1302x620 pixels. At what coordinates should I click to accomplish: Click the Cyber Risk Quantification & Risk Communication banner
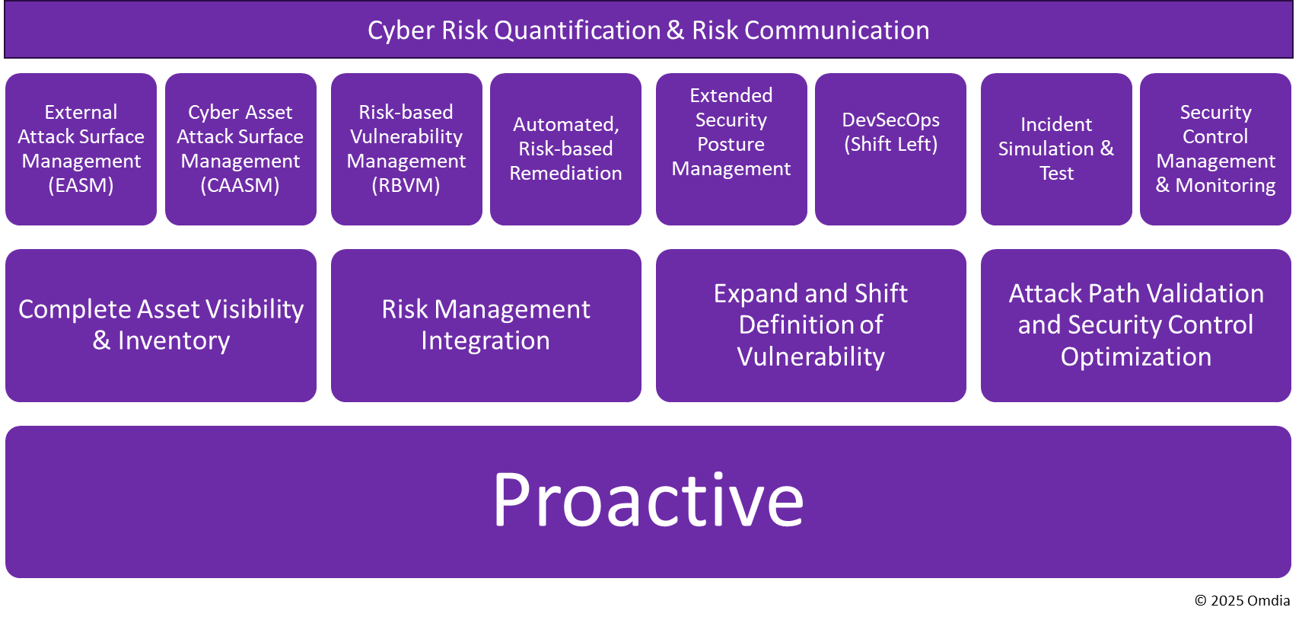pyautogui.click(x=648, y=30)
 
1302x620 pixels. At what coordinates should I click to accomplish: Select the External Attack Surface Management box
pyautogui.click(x=81, y=149)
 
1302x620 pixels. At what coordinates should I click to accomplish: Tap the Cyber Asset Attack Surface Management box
pyautogui.click(x=240, y=149)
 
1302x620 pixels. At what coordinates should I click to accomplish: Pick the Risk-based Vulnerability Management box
pyautogui.click(x=406, y=149)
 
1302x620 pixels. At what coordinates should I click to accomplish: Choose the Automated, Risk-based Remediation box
pyautogui.click(x=565, y=149)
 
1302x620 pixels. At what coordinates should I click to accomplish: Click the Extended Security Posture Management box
pyautogui.click(x=731, y=149)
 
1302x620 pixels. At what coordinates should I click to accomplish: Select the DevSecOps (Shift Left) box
pyautogui.click(x=890, y=149)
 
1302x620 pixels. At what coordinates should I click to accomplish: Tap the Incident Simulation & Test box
pyautogui.click(x=1056, y=149)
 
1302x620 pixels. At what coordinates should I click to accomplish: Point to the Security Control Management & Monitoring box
pyautogui.click(x=1215, y=149)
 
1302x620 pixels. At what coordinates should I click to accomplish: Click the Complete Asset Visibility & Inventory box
pyautogui.click(x=161, y=326)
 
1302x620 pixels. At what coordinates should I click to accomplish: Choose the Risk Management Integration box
pyautogui.click(x=486, y=326)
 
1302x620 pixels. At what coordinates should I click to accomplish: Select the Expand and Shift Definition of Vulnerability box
pyautogui.click(x=811, y=326)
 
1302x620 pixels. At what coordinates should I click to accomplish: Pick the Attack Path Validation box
pyautogui.click(x=1136, y=326)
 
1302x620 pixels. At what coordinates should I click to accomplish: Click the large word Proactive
pyautogui.click(x=648, y=500)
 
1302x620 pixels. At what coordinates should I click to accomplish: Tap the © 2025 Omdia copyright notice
pyautogui.click(x=1242, y=600)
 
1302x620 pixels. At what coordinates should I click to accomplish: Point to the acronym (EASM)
pyautogui.click(x=81, y=186)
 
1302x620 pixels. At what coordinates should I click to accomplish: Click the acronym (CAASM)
pyautogui.click(x=240, y=186)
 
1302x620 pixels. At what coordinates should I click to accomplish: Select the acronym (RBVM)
pyautogui.click(x=406, y=186)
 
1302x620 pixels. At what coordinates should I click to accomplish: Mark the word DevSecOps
pyautogui.click(x=890, y=120)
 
